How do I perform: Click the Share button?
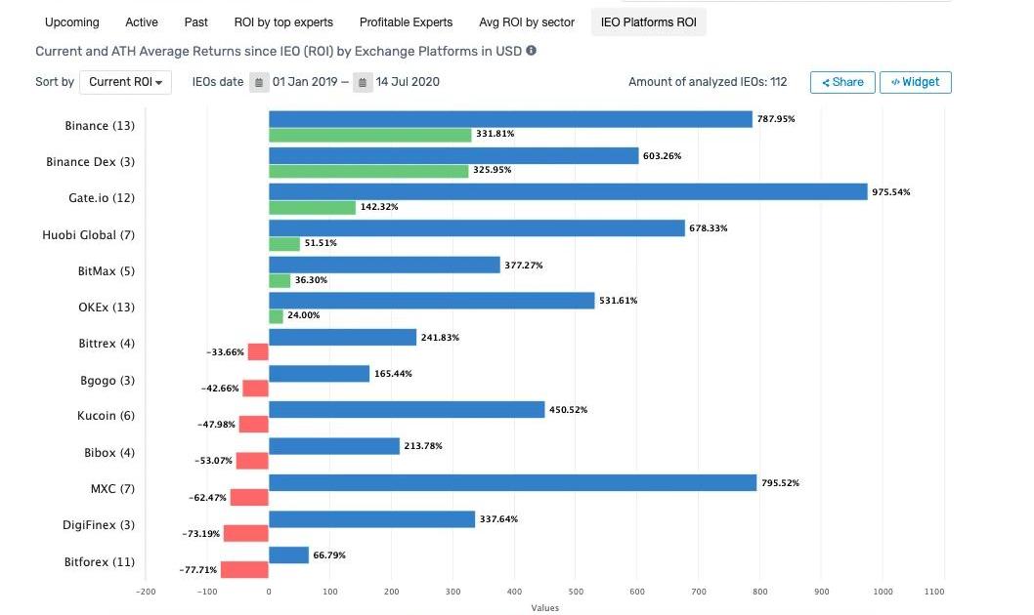point(841,82)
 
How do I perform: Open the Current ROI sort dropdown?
point(125,82)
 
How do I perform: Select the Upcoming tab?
point(71,21)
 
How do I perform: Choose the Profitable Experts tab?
point(406,21)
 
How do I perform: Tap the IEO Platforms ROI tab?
point(648,21)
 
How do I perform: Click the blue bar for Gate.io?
point(568,192)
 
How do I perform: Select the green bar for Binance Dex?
point(368,171)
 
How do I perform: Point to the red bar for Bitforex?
point(244,570)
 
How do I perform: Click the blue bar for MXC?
point(512,482)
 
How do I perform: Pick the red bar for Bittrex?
point(258,351)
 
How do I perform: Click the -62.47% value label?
point(207,498)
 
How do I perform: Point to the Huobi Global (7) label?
point(88,235)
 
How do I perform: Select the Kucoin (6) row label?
point(106,416)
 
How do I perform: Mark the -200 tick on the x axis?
point(145,592)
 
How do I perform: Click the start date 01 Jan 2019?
point(305,82)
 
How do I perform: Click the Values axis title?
point(544,608)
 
